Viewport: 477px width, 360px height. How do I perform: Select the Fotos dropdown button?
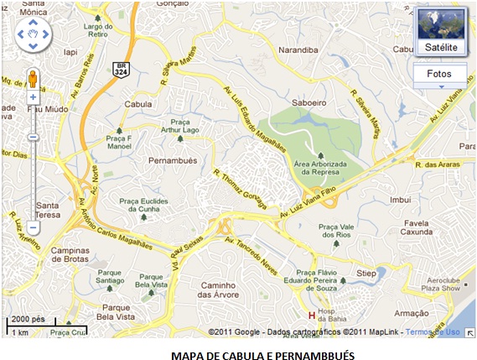pyautogui.click(x=438, y=74)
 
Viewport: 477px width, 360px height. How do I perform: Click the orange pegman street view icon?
pyautogui.click(x=33, y=79)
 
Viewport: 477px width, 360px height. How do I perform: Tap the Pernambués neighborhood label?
pyautogui.click(x=171, y=159)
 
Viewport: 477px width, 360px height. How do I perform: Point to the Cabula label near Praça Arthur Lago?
pyautogui.click(x=137, y=104)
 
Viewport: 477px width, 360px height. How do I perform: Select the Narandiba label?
pyautogui.click(x=299, y=50)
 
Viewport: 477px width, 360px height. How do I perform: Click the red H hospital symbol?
pyautogui.click(x=313, y=316)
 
